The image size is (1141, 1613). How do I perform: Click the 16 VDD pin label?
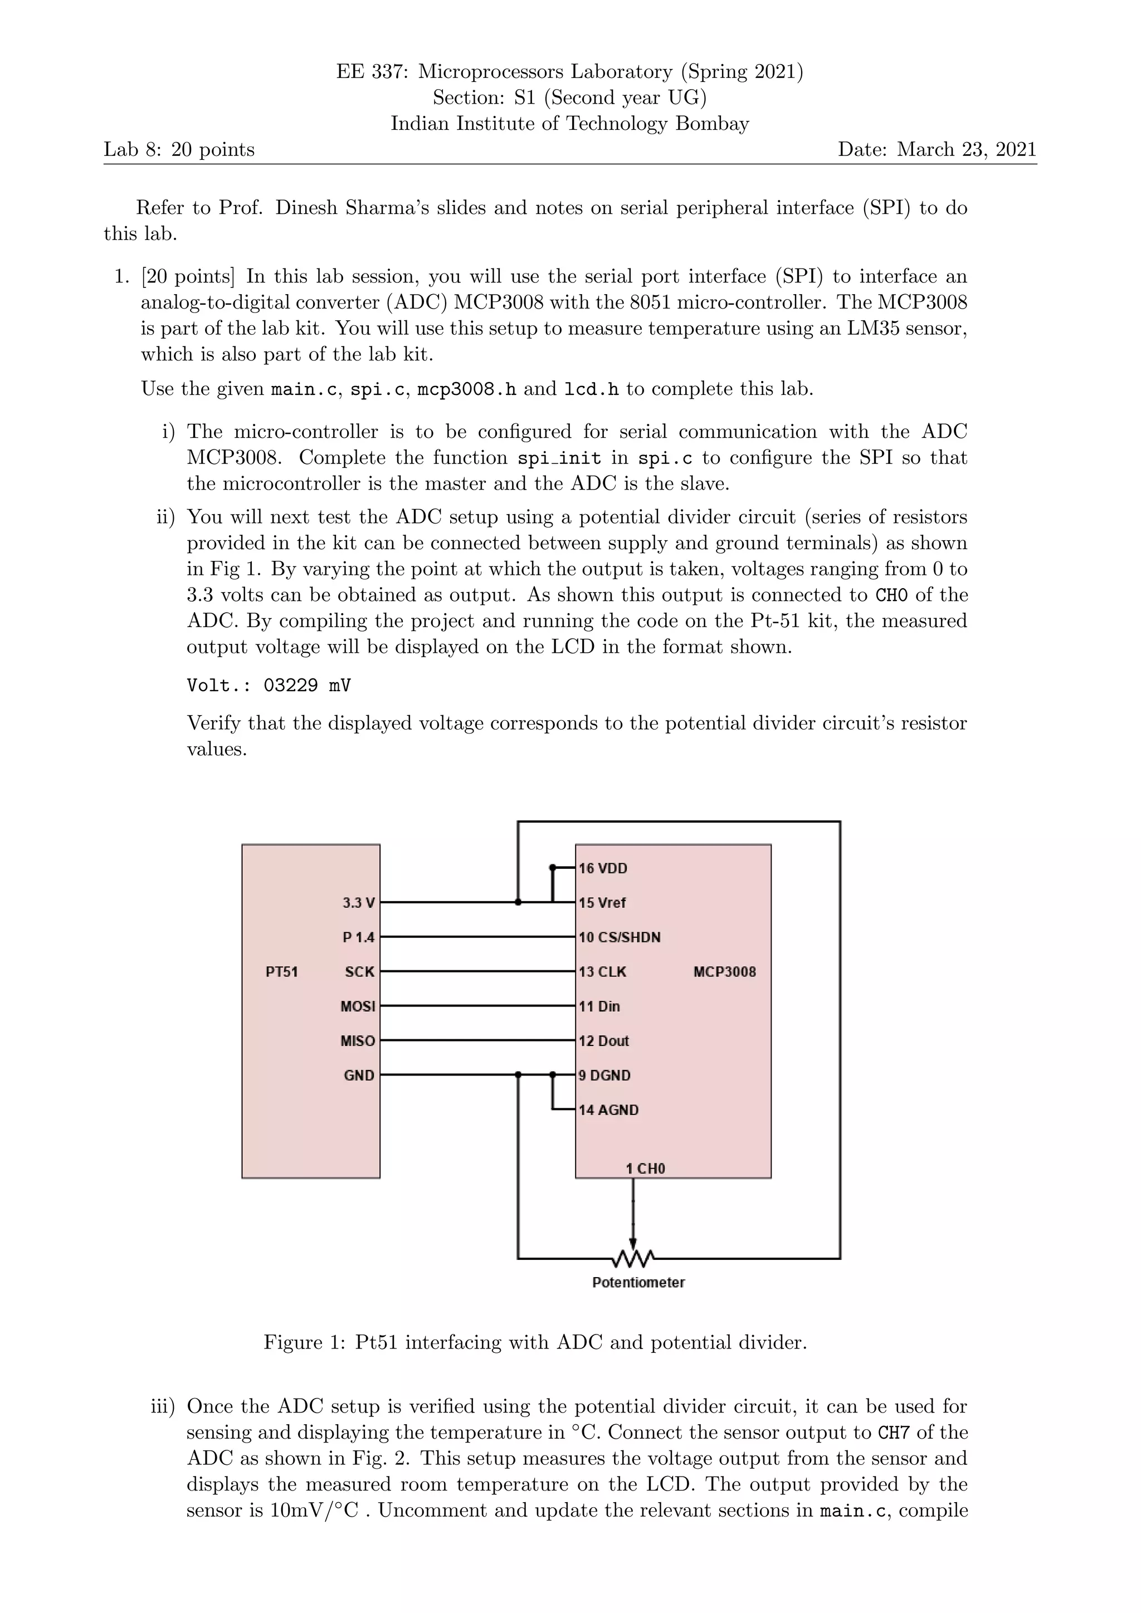click(x=603, y=868)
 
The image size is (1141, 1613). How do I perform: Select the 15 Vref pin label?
click(x=602, y=903)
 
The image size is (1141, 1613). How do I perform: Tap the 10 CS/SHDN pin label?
click(x=619, y=937)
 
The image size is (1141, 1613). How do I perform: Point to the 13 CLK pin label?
click(x=602, y=971)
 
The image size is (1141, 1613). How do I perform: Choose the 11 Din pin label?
click(x=599, y=1006)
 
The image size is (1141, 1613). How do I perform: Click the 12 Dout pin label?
click(x=603, y=1040)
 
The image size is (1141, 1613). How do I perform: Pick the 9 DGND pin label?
click(x=604, y=1075)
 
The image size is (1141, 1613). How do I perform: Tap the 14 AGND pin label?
click(x=608, y=1110)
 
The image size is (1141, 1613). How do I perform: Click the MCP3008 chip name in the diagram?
click(x=724, y=971)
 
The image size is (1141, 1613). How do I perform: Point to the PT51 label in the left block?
click(x=282, y=971)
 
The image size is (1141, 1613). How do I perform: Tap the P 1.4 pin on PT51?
click(x=358, y=937)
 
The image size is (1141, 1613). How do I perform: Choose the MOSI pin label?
click(x=358, y=1006)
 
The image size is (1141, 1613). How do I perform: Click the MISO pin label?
click(x=358, y=1040)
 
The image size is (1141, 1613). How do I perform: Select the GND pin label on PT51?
click(x=358, y=1075)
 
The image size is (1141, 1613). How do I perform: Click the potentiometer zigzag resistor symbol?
click(x=633, y=1257)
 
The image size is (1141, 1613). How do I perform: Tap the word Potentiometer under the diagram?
click(x=638, y=1282)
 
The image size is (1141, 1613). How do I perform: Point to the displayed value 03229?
click(x=290, y=685)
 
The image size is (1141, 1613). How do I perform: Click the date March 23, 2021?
click(x=966, y=149)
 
